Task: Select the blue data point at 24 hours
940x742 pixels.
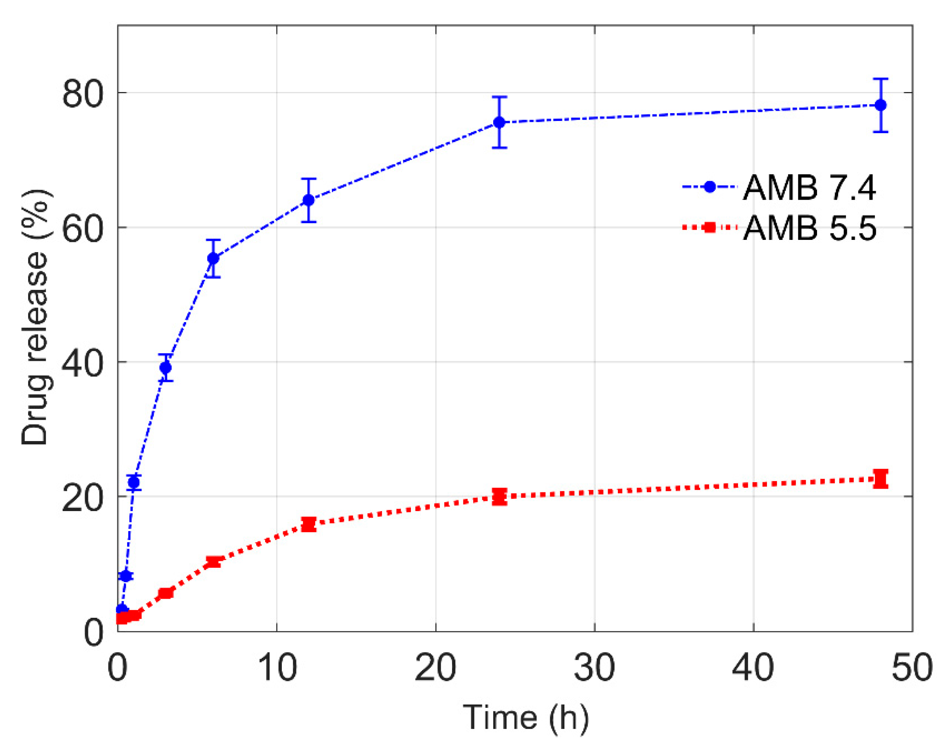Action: (500, 123)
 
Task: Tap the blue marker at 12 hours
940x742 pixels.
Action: (308, 200)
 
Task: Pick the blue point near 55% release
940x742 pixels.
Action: (213, 259)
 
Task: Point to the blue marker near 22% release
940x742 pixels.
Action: (134, 483)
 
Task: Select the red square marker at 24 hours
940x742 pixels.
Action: (500, 496)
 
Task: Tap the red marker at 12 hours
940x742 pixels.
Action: (308, 525)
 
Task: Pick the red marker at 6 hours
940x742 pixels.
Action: (213, 562)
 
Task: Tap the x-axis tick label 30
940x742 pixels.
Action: (594, 667)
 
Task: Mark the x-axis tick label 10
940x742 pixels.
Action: (277, 667)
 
